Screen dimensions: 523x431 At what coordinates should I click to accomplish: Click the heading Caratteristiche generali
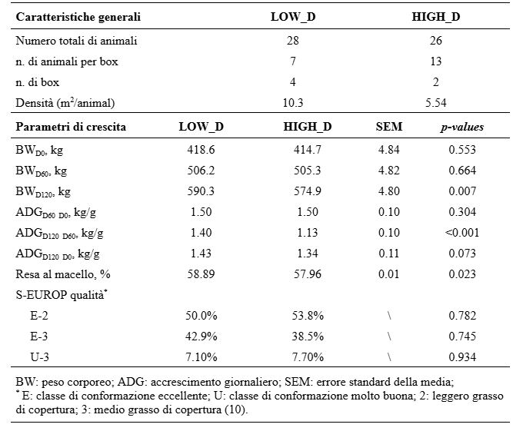point(78,17)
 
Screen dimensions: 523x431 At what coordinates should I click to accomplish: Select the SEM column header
point(389,127)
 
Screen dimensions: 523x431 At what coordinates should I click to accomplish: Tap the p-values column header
point(462,128)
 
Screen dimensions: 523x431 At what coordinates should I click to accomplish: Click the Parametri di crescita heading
point(71,127)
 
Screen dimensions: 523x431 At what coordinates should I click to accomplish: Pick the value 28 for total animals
point(292,41)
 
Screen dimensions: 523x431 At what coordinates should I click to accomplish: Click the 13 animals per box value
point(436,61)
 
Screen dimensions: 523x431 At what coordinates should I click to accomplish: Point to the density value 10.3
point(292,103)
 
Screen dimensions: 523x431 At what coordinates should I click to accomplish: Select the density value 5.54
point(435,103)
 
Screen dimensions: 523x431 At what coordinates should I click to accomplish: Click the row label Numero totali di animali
point(76,41)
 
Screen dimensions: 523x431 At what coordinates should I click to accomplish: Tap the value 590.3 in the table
point(201,191)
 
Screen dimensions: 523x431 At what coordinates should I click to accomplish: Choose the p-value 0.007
point(462,191)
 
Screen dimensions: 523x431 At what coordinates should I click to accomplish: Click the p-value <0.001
point(462,233)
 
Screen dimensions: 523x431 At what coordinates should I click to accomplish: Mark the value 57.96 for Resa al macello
point(307,274)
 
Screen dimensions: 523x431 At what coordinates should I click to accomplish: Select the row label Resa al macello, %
point(63,274)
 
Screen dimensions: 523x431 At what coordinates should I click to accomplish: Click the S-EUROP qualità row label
point(62,295)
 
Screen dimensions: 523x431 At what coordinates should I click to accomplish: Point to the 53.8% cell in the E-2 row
point(308,316)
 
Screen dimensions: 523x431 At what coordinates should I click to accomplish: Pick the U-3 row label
point(40,357)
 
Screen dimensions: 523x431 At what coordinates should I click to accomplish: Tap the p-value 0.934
point(462,357)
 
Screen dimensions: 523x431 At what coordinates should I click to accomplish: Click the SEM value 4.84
point(389,150)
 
